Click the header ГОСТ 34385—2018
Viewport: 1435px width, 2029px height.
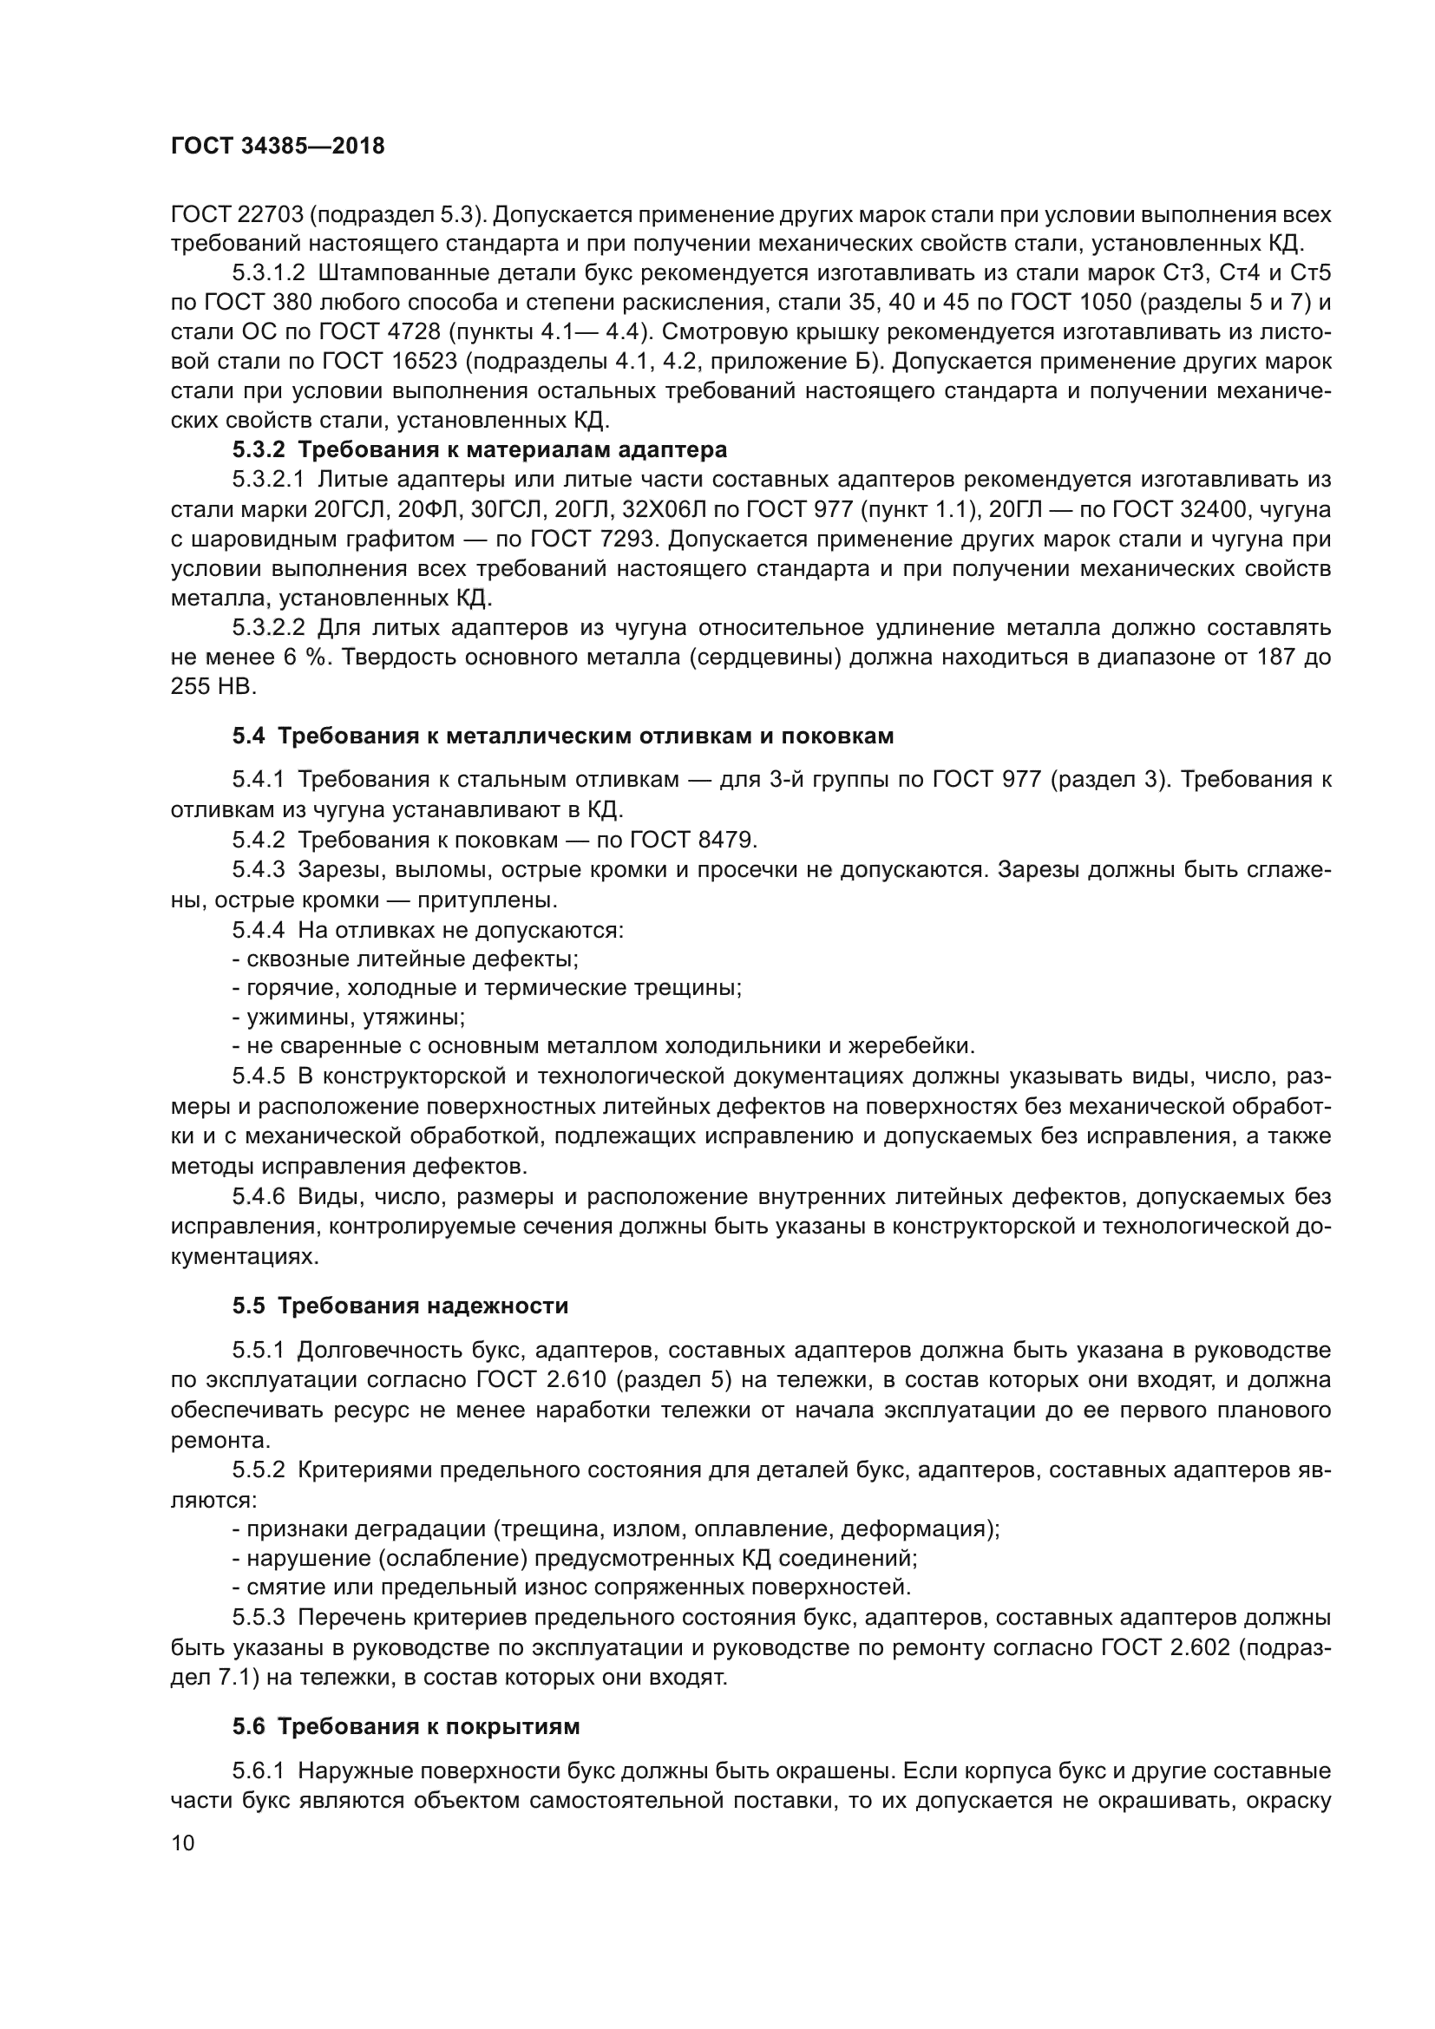tap(278, 147)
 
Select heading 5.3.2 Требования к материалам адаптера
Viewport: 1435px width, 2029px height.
tap(480, 450)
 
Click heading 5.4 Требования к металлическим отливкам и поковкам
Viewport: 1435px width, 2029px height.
tap(563, 736)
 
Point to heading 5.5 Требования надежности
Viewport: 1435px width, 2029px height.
tap(400, 1306)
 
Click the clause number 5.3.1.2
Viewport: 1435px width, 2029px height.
tap(269, 274)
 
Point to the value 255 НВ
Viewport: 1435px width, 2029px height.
tap(213, 687)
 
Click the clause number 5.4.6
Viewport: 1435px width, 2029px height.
tap(259, 1196)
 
